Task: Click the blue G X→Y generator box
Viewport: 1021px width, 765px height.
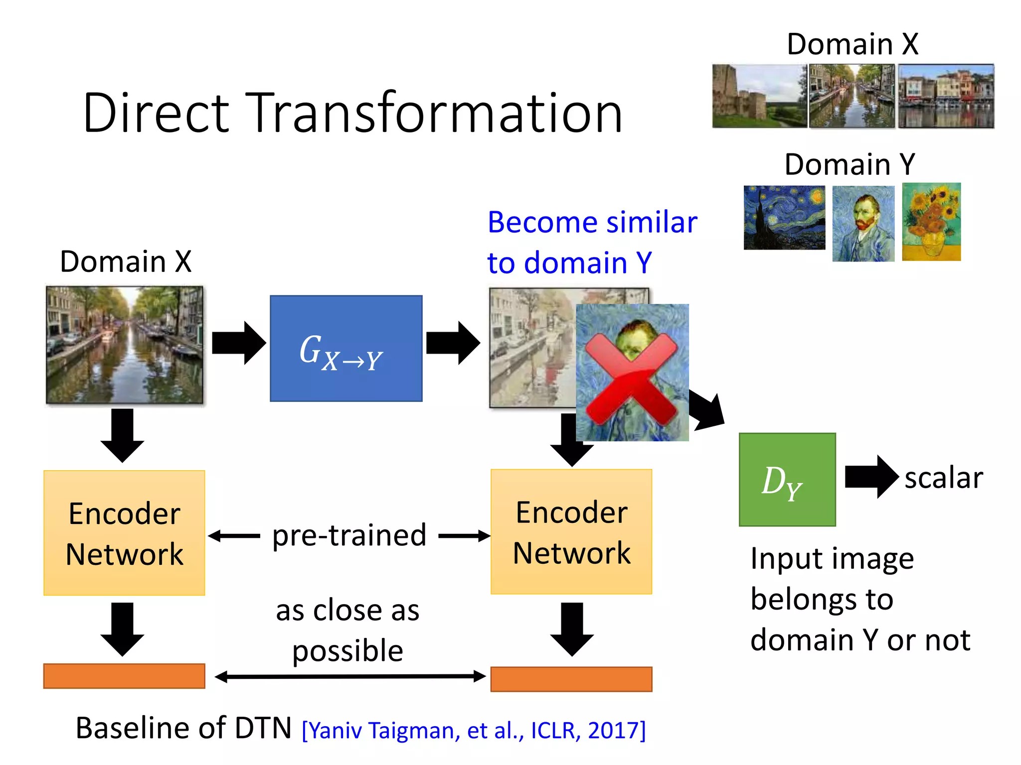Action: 346,348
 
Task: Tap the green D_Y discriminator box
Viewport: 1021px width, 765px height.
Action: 787,479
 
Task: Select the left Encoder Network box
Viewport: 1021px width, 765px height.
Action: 124,532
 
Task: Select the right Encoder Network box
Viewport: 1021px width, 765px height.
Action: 571,531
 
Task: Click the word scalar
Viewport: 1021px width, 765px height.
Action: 943,478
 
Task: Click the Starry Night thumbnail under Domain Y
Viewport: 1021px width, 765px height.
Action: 784,218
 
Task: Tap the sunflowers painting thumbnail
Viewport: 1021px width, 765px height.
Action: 931,222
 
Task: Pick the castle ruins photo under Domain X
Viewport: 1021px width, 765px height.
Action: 759,96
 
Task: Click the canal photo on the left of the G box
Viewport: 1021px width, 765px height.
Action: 124,344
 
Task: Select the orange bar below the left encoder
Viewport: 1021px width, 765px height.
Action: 124,676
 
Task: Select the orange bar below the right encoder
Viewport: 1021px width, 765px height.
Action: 571,679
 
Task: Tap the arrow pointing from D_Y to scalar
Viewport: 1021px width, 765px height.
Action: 871,477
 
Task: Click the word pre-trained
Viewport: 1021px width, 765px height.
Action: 349,535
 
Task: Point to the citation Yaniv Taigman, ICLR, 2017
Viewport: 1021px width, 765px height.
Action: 474,730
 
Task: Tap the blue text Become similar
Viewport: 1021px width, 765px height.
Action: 592,222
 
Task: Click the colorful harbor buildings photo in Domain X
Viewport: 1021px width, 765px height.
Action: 946,96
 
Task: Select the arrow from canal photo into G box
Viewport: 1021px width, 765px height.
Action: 239,343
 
